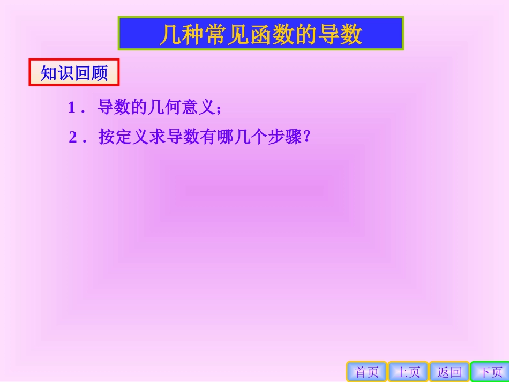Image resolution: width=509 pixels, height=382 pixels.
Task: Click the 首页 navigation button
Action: coord(366,372)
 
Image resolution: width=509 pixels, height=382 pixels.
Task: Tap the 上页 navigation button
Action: coord(408,372)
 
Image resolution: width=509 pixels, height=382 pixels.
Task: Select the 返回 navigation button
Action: coord(449,372)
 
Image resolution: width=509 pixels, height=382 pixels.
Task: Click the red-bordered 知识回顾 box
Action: coord(74,73)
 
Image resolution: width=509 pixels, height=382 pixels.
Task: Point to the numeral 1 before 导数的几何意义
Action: coord(71,108)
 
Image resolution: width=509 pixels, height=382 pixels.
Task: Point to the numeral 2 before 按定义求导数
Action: coord(73,138)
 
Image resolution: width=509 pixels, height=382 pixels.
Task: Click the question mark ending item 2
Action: coord(307,138)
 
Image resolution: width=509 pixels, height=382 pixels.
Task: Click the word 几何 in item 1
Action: coord(167,108)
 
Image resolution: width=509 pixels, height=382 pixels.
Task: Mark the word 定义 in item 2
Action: coord(132,138)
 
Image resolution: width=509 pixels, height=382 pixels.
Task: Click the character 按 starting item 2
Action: coord(107,138)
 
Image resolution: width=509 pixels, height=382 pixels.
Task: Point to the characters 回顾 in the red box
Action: coord(91,73)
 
